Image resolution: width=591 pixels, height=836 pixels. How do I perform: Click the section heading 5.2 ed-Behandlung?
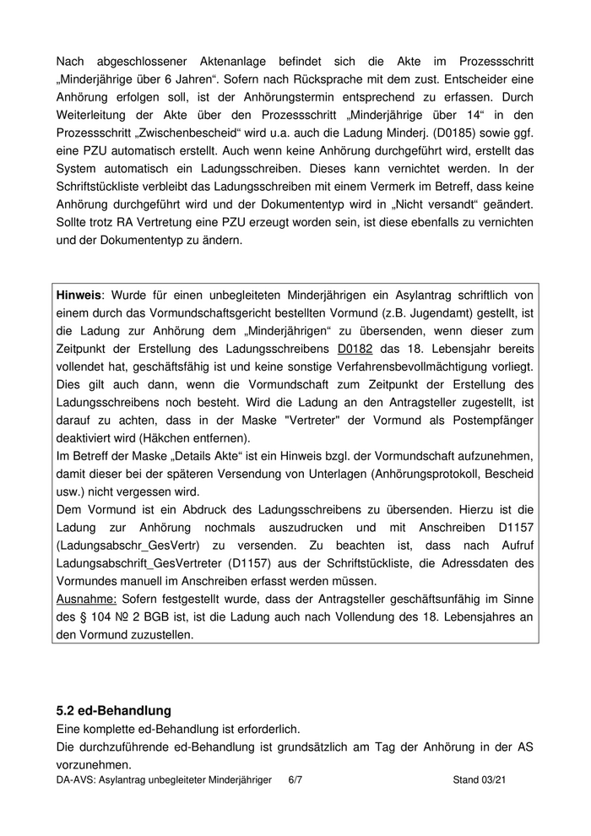[113, 710]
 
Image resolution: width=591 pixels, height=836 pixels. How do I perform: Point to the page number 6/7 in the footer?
[295, 781]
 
